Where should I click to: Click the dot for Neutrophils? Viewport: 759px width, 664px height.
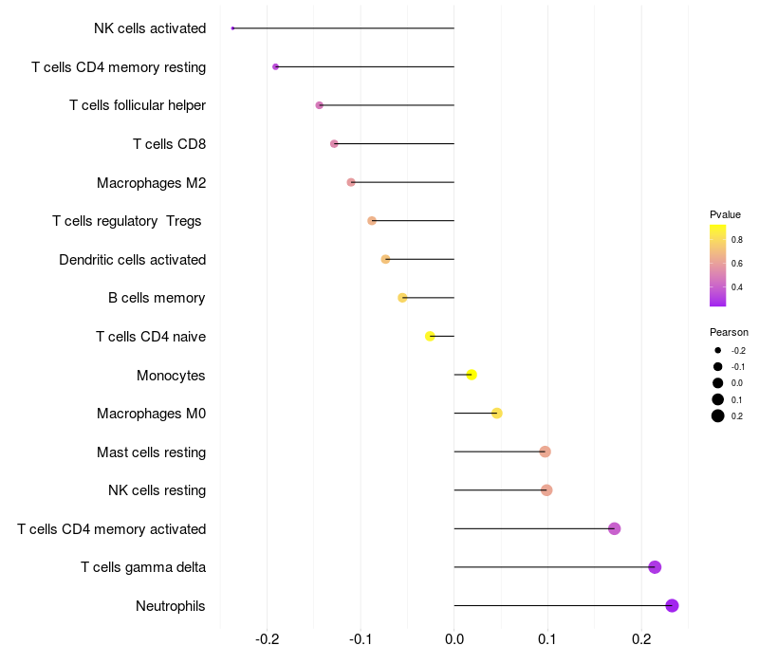672,605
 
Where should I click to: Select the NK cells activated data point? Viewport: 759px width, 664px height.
232,28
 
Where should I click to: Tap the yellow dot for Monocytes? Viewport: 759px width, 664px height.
472,375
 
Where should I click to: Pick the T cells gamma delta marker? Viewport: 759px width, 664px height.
655,567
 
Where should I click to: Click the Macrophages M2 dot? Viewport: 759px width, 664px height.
351,182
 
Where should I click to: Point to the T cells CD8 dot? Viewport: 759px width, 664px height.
334,144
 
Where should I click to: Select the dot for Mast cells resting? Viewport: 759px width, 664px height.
545,452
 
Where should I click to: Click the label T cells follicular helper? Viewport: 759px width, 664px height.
138,105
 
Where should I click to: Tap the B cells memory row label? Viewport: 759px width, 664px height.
157,298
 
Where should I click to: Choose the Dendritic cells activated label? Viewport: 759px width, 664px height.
132,260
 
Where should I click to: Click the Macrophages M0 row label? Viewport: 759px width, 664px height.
151,414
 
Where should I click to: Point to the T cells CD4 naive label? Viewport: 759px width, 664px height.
151,337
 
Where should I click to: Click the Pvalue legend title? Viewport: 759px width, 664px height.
725,214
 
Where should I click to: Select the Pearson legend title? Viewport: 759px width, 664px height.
729,332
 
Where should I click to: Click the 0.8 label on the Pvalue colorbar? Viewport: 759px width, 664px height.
737,241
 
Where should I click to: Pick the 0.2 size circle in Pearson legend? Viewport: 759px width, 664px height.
718,415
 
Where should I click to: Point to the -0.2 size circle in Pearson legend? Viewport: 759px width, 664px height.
718,350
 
